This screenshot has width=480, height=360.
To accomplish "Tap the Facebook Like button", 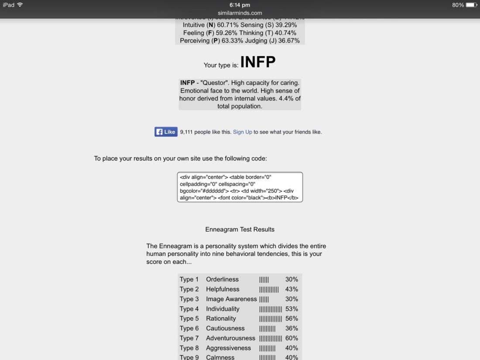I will [x=166, y=132].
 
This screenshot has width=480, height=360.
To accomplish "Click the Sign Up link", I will [x=242, y=132].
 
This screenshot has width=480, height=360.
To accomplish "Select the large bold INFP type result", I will [x=258, y=62].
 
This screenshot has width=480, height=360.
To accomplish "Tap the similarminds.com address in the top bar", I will [x=240, y=13].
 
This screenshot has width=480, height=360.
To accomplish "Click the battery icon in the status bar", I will [x=471, y=5].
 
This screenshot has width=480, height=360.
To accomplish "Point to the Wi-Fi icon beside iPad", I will [x=20, y=5].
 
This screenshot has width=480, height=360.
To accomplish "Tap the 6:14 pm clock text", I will [x=240, y=5].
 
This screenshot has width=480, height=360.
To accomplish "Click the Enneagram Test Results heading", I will [x=240, y=229].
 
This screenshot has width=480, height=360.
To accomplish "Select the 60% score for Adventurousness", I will [x=291, y=338].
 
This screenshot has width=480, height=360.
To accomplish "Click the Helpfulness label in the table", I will [x=223, y=289].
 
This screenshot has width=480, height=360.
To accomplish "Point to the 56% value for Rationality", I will [x=291, y=319].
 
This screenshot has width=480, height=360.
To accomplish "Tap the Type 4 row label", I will [x=189, y=309].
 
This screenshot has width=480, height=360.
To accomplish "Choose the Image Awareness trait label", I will [x=231, y=299].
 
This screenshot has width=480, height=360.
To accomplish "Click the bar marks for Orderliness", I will [x=264, y=279].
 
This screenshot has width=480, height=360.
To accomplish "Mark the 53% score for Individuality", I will [x=291, y=309].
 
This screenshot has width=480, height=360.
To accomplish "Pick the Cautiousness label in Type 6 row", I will [x=225, y=328].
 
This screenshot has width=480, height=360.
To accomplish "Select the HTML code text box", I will [x=240, y=187].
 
